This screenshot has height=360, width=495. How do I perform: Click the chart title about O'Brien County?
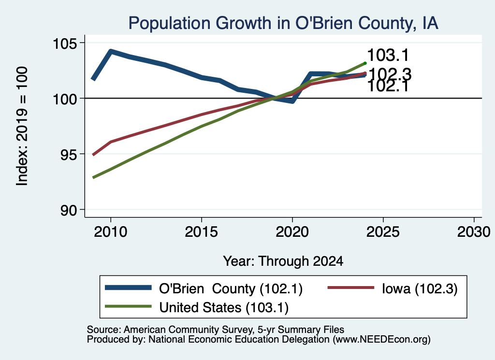pos(283,23)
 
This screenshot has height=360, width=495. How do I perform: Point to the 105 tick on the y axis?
pos(65,43)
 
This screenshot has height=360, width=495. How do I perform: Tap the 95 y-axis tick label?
pos(69,154)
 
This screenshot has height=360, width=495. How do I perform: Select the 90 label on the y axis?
pos(69,210)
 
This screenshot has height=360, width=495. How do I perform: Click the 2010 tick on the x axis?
pos(111,232)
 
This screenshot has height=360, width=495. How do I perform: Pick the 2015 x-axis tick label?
pos(202,232)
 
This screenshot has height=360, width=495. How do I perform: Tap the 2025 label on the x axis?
pos(383,232)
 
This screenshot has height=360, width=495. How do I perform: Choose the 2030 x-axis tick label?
pos(474,232)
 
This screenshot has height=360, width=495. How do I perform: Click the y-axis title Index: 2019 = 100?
pos(22,126)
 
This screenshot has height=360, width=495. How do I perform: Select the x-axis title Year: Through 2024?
pos(283,261)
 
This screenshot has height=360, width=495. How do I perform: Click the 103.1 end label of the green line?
pos(388,55)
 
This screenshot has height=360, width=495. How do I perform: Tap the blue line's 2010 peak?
pos(111,51)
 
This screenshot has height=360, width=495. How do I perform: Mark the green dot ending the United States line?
pos(365,63)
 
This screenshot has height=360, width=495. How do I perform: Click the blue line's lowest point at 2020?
pos(292,101)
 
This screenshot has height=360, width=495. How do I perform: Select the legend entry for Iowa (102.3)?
pos(393,288)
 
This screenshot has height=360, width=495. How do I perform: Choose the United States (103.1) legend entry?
pos(197,307)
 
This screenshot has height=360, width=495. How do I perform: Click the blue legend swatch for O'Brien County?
pos(128,288)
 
